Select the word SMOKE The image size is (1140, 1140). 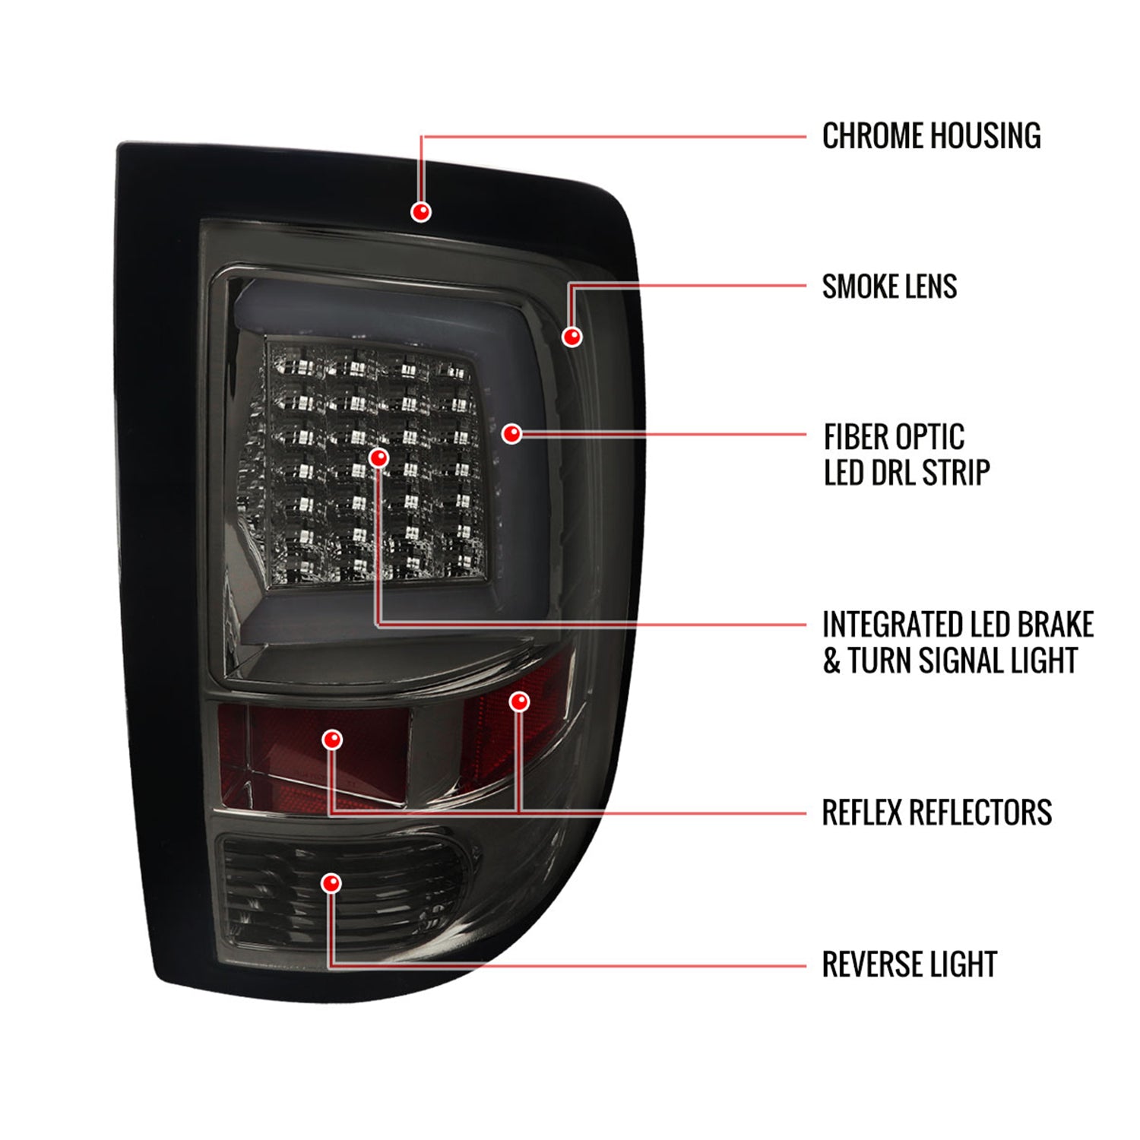[859, 287]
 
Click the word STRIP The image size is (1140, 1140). [956, 473]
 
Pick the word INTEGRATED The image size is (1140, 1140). [886, 625]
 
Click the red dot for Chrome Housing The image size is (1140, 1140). [420, 212]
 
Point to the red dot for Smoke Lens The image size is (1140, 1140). [572, 336]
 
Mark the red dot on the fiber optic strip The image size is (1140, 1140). [511, 434]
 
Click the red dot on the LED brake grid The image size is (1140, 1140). [378, 458]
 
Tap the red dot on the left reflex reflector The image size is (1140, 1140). [332, 739]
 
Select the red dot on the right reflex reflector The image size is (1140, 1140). [519, 701]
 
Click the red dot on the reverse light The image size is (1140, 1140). [331, 883]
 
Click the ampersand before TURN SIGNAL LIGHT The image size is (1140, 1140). [832, 660]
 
